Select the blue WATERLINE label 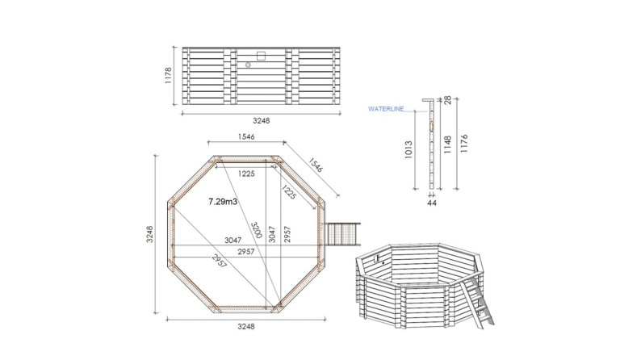click(385, 107)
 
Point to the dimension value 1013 click(409, 149)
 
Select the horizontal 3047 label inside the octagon click(231, 241)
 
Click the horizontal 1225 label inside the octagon click(245, 174)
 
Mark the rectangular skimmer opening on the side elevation click(260, 55)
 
